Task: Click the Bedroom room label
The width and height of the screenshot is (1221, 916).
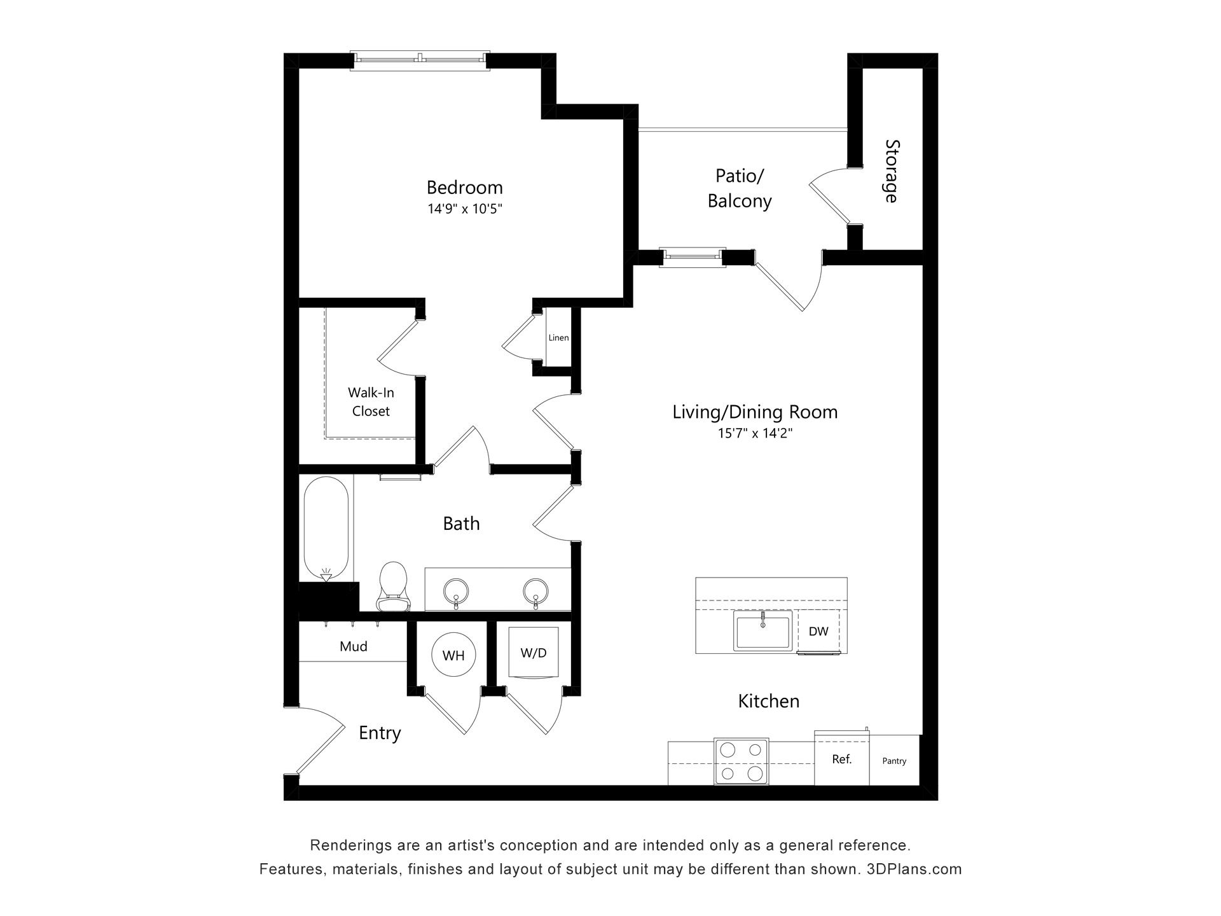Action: coord(464,188)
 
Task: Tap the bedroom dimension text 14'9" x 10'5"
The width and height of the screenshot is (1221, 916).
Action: coord(465,209)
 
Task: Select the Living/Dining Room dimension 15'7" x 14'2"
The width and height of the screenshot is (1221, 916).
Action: coord(755,434)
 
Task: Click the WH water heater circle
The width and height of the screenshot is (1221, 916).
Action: coord(453,655)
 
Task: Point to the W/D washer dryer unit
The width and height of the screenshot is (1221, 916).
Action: coord(534,653)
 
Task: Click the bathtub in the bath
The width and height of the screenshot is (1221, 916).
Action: coord(326,529)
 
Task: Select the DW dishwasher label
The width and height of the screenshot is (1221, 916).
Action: coord(818,632)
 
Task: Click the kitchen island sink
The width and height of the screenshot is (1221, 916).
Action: coord(762,630)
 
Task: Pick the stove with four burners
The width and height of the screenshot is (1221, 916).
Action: coord(742,761)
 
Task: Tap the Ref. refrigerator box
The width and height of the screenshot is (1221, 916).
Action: coord(842,760)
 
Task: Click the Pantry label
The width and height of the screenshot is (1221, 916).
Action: coord(894,761)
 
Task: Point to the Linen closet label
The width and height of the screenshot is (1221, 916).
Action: coord(558,338)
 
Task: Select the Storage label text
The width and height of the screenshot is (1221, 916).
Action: coord(892,172)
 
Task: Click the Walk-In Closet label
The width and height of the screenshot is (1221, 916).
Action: coord(371,402)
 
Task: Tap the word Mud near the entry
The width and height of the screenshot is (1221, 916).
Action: coord(354,646)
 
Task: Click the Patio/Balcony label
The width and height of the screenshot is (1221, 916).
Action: coord(740,188)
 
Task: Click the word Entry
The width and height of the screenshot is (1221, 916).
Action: coord(380,733)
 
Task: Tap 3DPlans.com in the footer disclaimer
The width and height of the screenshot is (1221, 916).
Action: coord(914,869)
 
